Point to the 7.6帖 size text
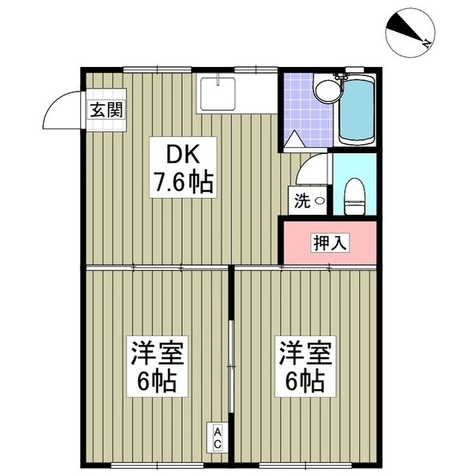(x=184, y=182)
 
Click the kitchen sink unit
(x=217, y=94)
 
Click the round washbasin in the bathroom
(x=324, y=91)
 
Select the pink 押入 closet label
(x=328, y=242)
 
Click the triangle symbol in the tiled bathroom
(x=295, y=138)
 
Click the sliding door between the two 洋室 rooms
(x=231, y=350)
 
